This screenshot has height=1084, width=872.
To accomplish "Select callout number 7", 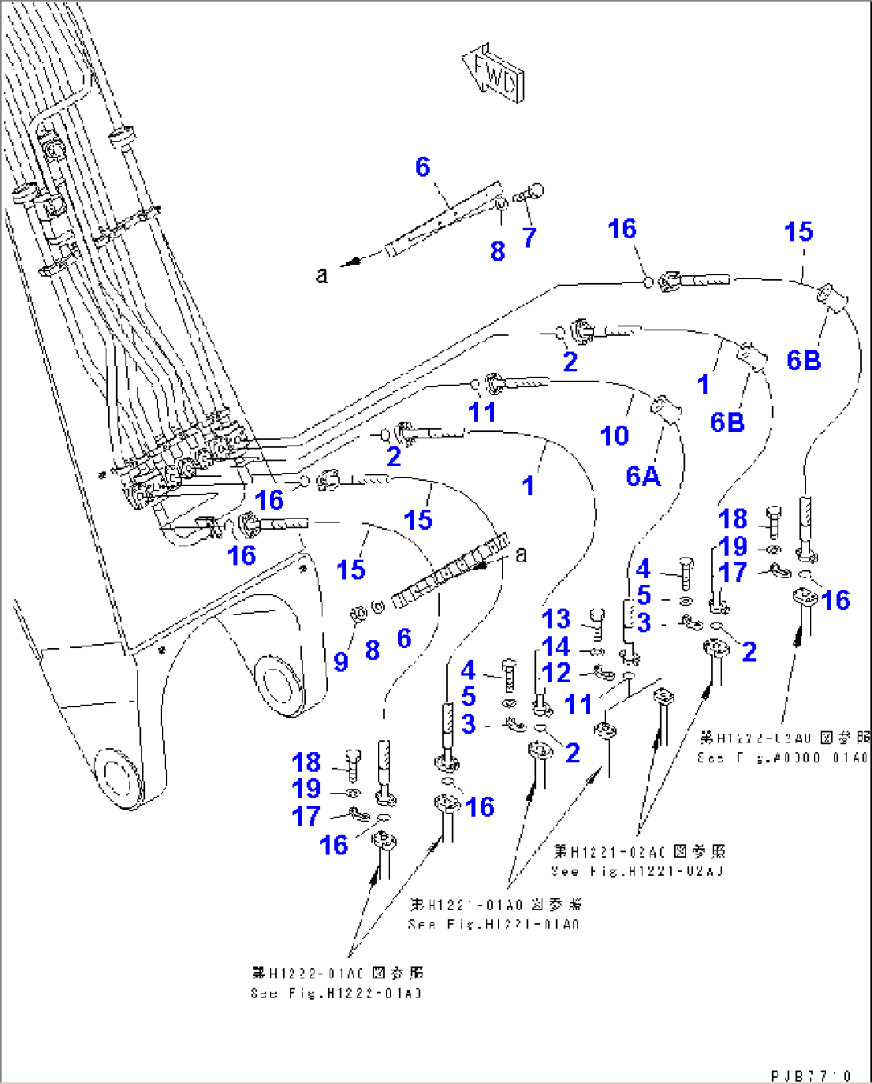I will click(x=529, y=238).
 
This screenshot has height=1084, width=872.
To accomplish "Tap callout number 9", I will click(x=342, y=661).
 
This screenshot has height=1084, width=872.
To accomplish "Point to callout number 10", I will click(x=614, y=436).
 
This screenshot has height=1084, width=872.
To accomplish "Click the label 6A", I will click(x=643, y=476).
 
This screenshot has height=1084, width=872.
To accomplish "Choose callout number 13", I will click(x=557, y=618).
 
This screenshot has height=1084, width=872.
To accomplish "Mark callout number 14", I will click(x=557, y=646).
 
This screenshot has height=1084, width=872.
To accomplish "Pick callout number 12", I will click(x=557, y=674).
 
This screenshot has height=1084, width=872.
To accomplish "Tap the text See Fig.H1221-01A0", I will click(x=494, y=924).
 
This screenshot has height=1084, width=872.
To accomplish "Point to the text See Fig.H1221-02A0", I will click(x=637, y=871).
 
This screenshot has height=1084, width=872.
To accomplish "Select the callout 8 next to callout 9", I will click(x=372, y=650).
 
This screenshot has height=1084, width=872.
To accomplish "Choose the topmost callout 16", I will click(x=622, y=230).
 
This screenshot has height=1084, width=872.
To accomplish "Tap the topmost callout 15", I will click(x=798, y=232).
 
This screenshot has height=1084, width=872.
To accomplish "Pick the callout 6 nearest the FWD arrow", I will click(x=422, y=166).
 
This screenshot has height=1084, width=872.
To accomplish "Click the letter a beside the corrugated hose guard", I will click(x=522, y=554).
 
